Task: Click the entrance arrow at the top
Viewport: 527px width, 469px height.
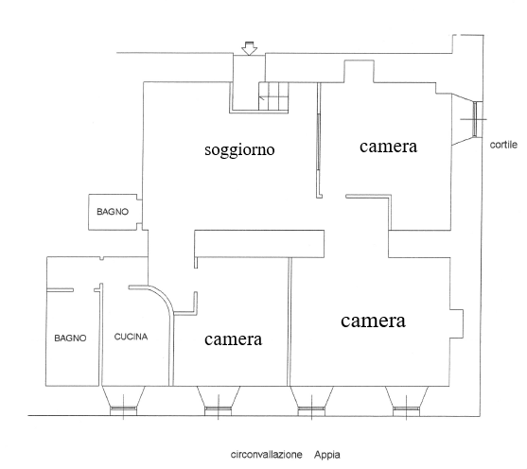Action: (249, 48)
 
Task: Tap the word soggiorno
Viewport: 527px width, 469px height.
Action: (239, 149)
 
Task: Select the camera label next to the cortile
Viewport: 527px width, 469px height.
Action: (388, 147)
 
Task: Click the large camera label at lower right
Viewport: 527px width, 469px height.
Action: (373, 321)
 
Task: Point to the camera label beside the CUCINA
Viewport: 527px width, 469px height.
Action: (233, 339)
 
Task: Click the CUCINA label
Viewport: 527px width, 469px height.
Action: (131, 337)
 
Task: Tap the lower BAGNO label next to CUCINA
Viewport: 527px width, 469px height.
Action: (70, 338)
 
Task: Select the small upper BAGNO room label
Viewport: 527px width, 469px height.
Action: (113, 212)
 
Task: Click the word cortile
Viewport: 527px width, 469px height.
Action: (503, 145)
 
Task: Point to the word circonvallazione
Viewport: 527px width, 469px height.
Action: (266, 455)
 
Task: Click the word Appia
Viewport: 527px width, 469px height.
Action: (327, 455)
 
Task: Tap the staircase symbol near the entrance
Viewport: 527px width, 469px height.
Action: (273, 96)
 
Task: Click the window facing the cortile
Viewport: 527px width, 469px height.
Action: (475, 119)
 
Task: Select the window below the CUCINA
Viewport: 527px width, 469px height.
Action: (124, 409)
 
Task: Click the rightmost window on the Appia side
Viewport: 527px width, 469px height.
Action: (406, 409)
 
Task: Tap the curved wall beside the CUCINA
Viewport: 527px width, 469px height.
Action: (167, 299)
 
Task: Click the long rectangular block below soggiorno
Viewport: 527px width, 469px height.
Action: (259, 244)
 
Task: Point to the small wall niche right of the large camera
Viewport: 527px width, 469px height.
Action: (457, 324)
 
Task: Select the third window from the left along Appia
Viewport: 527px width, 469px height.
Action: (311, 409)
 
